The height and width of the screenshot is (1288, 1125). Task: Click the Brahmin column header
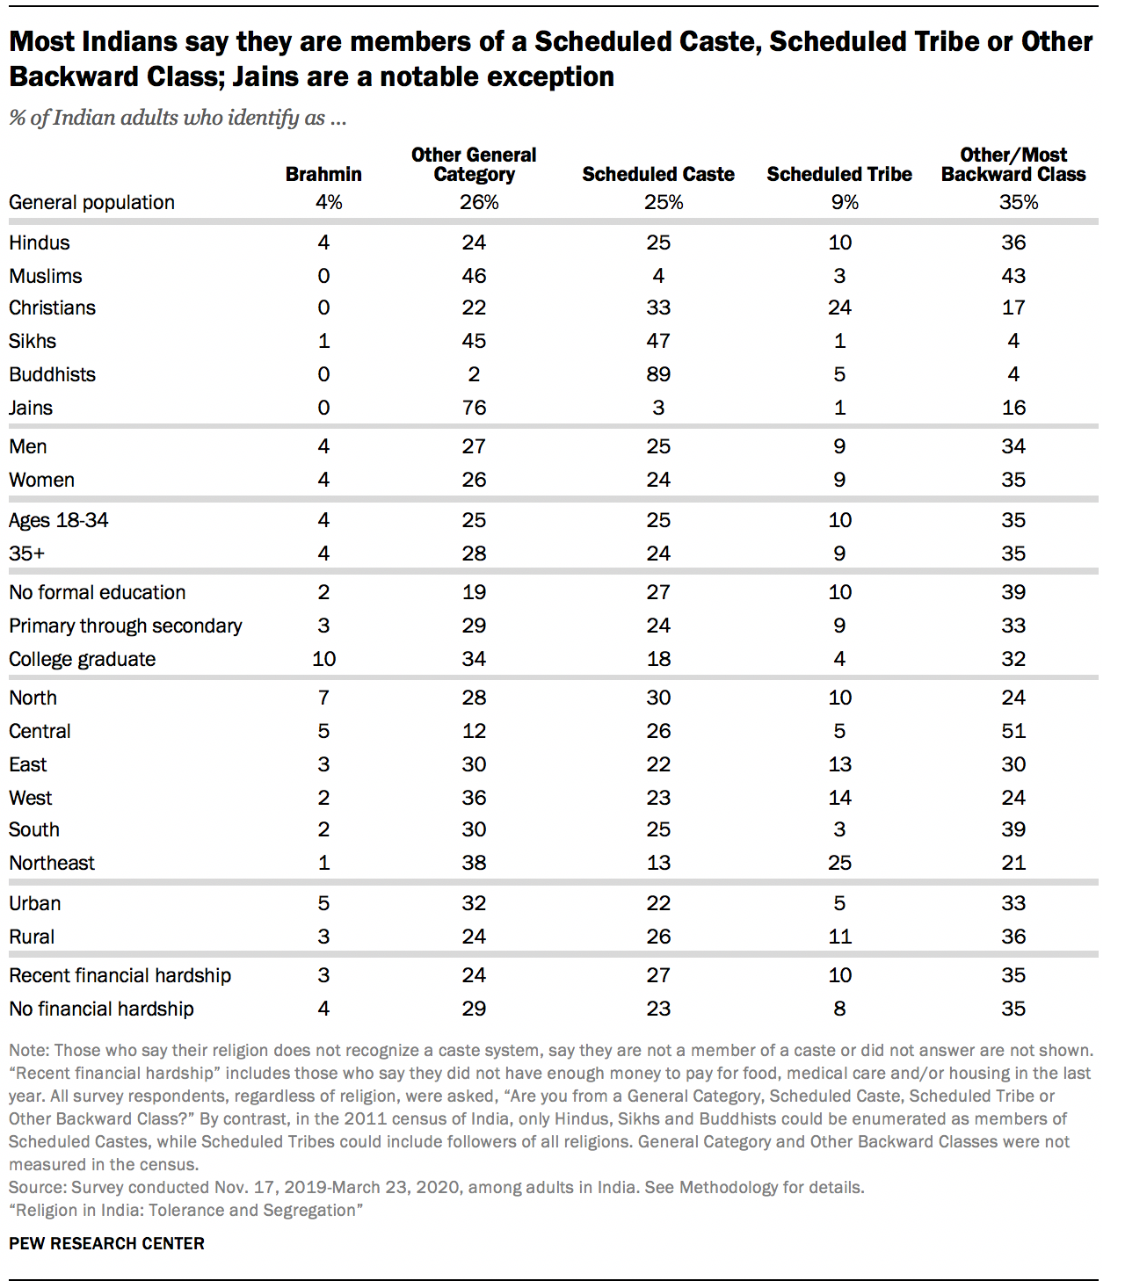tap(323, 174)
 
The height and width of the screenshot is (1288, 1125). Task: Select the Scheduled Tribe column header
tap(839, 174)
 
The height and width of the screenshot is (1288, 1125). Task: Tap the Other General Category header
tap(474, 164)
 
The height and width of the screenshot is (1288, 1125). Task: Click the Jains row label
tap(31, 408)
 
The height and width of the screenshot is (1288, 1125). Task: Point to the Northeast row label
tap(52, 863)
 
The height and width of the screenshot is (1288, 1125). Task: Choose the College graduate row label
tap(83, 659)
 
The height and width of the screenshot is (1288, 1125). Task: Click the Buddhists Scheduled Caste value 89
tap(658, 374)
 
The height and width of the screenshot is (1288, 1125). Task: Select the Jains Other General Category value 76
tap(474, 408)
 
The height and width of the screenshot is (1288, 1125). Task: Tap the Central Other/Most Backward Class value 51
tap(1013, 731)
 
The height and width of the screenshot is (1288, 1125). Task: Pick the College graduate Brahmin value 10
tap(323, 659)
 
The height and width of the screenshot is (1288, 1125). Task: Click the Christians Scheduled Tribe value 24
tap(839, 308)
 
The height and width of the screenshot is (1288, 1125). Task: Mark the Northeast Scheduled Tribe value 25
tap(839, 863)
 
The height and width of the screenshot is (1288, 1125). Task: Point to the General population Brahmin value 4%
tap(329, 202)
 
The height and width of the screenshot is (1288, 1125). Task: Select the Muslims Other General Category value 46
tap(474, 276)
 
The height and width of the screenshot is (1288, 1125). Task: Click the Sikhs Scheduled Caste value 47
tap(658, 341)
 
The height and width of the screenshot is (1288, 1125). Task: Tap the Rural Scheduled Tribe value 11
tap(839, 937)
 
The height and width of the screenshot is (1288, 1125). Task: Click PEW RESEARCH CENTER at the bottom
tap(106, 1243)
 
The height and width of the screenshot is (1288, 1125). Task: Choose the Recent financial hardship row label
tap(120, 975)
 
